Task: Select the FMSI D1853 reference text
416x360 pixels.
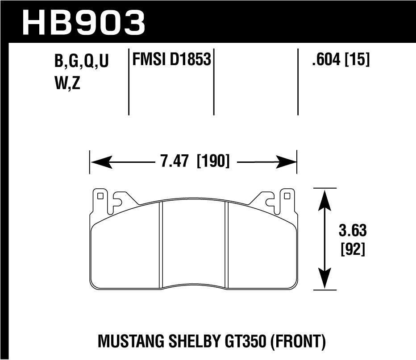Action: click(170, 59)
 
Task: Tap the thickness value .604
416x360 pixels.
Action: click(327, 60)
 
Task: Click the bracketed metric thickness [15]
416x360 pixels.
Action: click(357, 60)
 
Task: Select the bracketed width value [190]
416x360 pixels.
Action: click(212, 161)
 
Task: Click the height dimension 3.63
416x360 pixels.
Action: click(353, 231)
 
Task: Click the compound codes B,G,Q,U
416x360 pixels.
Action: click(82, 62)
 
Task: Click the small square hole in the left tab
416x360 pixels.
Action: click(100, 195)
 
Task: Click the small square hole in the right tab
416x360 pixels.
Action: click(287, 195)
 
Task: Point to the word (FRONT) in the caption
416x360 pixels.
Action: click(298, 342)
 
